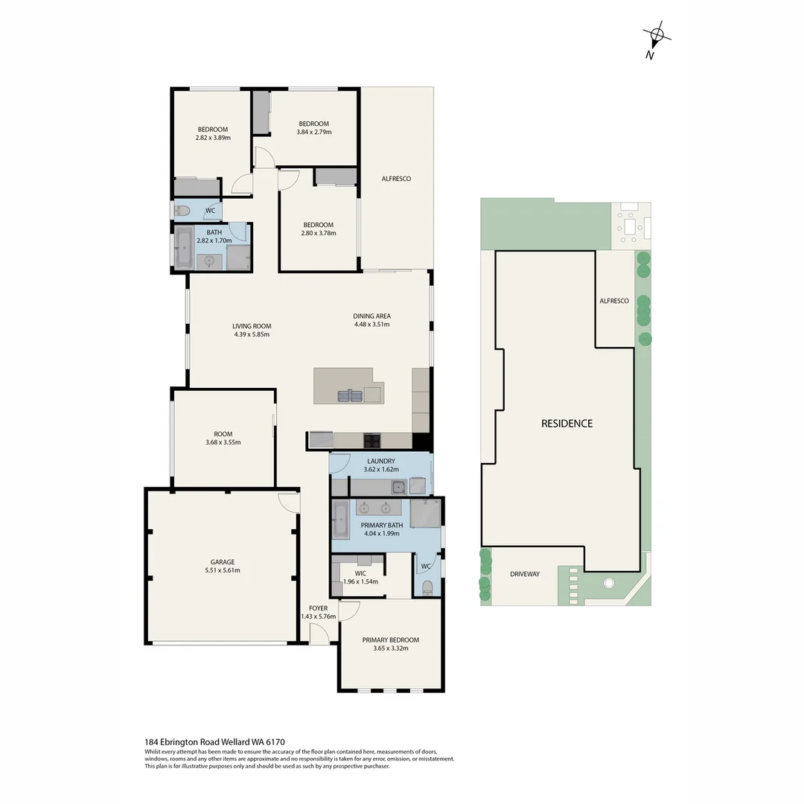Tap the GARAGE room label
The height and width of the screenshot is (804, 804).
coord(222,562)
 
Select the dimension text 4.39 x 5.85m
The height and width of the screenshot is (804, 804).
coord(251,334)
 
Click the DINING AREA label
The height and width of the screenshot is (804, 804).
coord(371,316)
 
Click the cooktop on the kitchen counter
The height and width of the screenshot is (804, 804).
coord(372,440)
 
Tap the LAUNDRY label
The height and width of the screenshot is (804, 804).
coord(381,461)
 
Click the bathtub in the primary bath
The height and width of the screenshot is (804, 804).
coord(339,519)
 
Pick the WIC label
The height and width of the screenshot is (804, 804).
coord(360,573)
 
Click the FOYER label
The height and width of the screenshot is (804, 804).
coord(318,608)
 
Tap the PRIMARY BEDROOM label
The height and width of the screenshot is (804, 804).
coord(390,639)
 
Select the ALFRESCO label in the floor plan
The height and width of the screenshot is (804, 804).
coord(396,179)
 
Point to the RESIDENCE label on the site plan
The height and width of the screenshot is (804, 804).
coord(567,423)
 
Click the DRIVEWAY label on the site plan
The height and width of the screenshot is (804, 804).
coord(525,574)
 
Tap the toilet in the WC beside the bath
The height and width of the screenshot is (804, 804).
coord(183,211)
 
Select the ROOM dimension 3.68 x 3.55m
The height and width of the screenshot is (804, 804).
coord(223,442)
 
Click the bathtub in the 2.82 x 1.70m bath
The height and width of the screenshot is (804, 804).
coord(184,249)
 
